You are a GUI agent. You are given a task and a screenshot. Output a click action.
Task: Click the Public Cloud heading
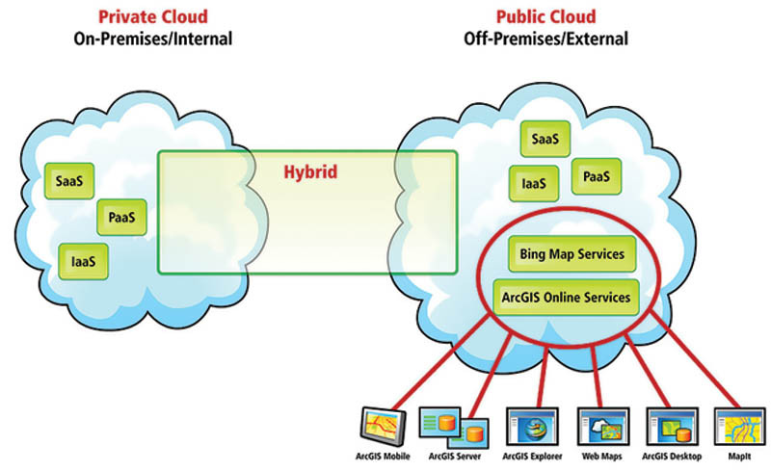click(545, 16)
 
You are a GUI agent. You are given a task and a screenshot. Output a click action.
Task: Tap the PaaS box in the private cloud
click(120, 218)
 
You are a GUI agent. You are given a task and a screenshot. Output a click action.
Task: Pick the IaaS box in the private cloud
click(83, 259)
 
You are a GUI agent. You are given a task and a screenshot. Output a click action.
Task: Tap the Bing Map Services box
click(572, 255)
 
